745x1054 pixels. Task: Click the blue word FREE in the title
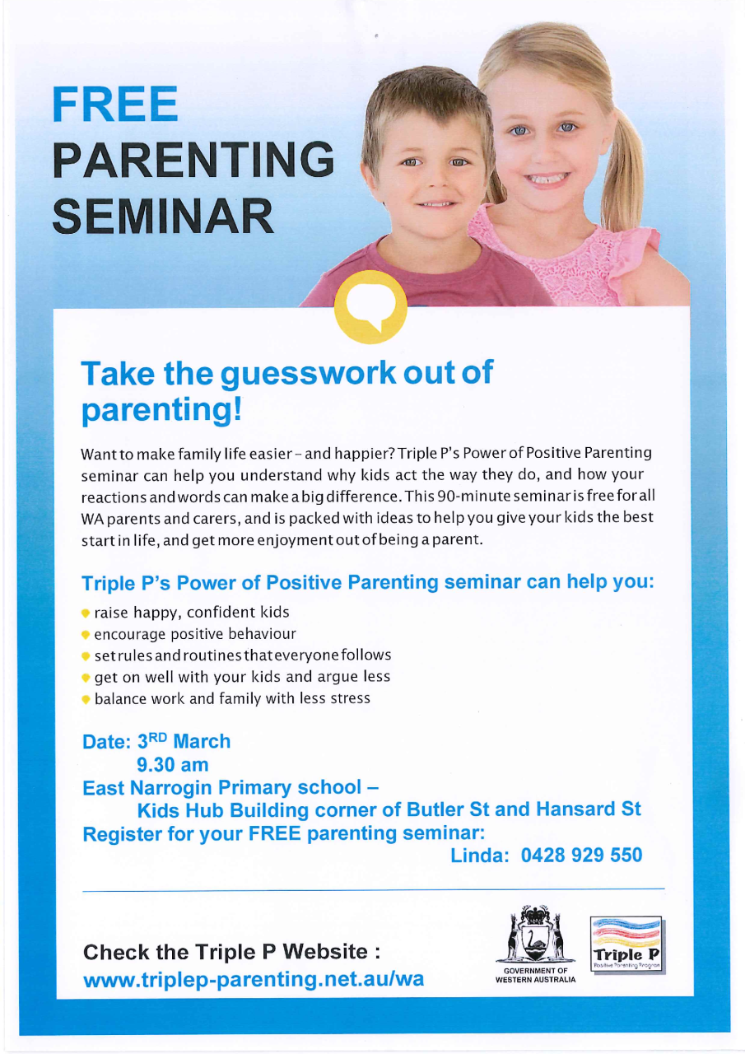[115, 104]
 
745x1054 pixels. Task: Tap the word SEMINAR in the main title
[163, 213]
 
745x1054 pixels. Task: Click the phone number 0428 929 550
[581, 856]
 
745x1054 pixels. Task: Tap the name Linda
[480, 856]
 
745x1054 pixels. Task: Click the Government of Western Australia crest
[536, 938]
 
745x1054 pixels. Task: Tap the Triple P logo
[627, 944]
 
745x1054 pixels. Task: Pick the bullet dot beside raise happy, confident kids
[86, 613]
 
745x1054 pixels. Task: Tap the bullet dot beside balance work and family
[86, 699]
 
